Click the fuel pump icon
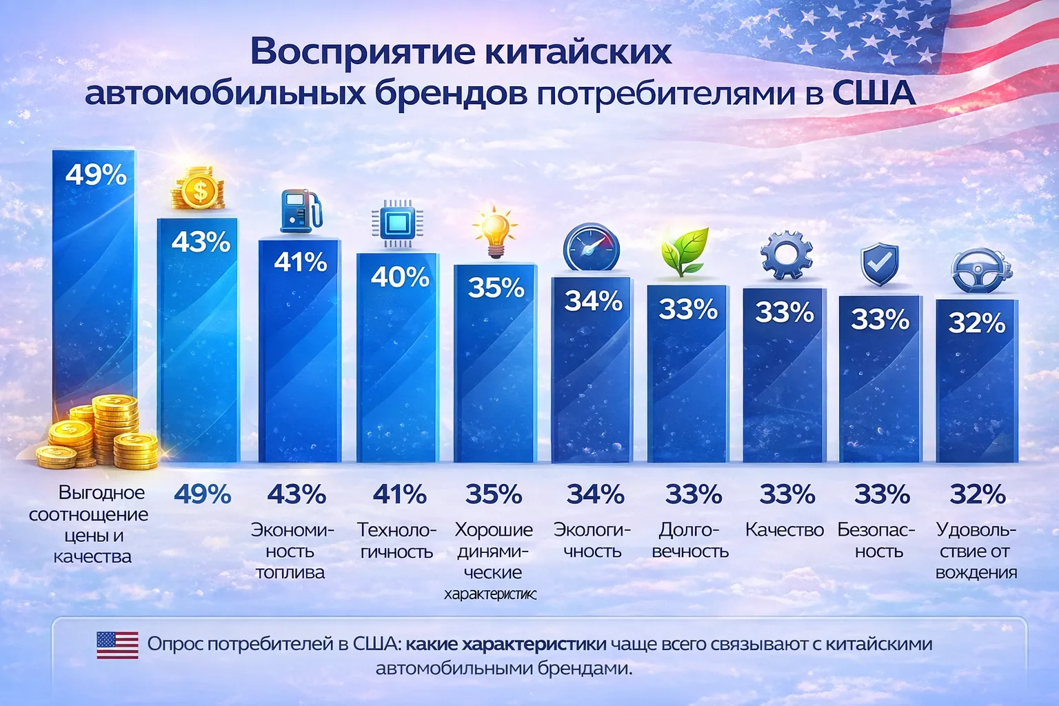(x=301, y=211)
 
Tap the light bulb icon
(x=494, y=232)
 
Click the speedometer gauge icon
(x=591, y=248)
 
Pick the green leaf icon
(x=685, y=252)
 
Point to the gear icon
(x=786, y=254)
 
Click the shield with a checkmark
(x=879, y=264)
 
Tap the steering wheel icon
(x=980, y=272)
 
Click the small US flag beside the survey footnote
(x=117, y=645)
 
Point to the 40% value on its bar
(x=400, y=277)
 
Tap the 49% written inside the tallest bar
(x=96, y=174)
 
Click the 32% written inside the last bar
(x=976, y=323)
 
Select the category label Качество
(x=785, y=529)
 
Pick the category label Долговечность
(x=690, y=541)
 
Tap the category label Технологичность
(x=396, y=541)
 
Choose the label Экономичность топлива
(x=292, y=551)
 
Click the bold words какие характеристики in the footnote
(x=505, y=644)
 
